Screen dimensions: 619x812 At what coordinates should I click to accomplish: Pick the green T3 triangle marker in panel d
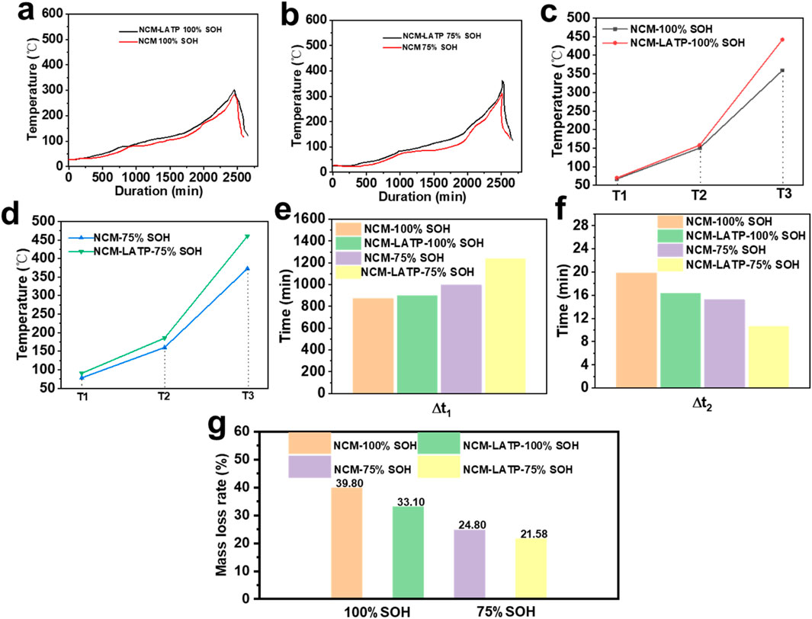tap(248, 236)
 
